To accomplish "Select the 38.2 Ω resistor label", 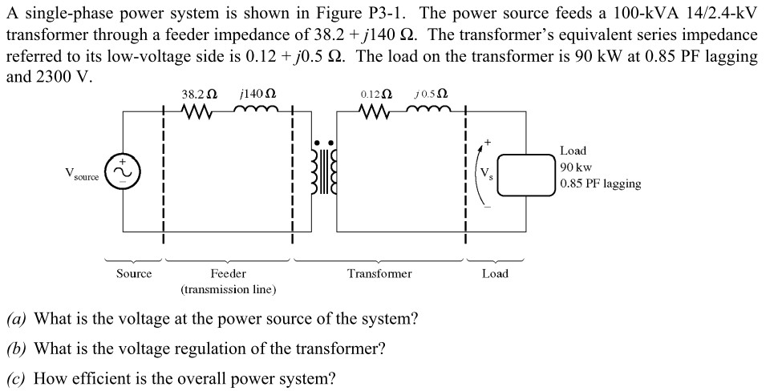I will [x=198, y=95].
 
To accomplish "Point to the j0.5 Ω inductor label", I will [x=431, y=95].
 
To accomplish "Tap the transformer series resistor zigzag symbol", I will [x=375, y=113].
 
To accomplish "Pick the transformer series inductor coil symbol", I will [x=431, y=112].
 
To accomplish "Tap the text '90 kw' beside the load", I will [x=576, y=167].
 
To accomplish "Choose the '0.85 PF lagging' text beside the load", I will [x=601, y=183].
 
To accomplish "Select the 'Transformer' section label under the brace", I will [x=379, y=274].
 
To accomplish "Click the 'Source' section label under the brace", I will [x=133, y=274].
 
